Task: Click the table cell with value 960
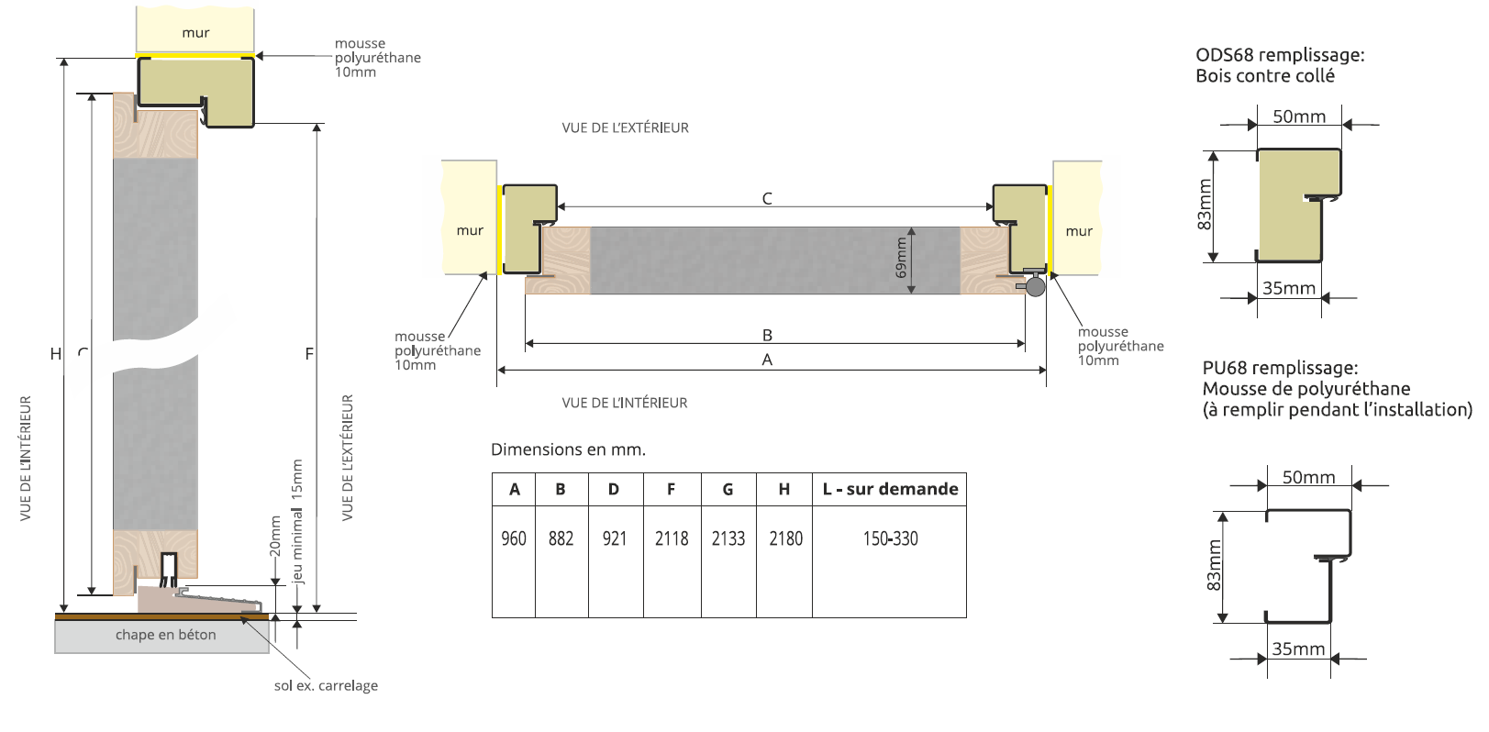[514, 538]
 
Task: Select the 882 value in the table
[561, 538]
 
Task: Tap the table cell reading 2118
[672, 538]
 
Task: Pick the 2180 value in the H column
[785, 538]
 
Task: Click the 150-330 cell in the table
[890, 538]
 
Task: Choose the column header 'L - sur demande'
[890, 489]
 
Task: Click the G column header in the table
[728, 489]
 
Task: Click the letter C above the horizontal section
[767, 198]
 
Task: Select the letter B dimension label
[767, 335]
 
